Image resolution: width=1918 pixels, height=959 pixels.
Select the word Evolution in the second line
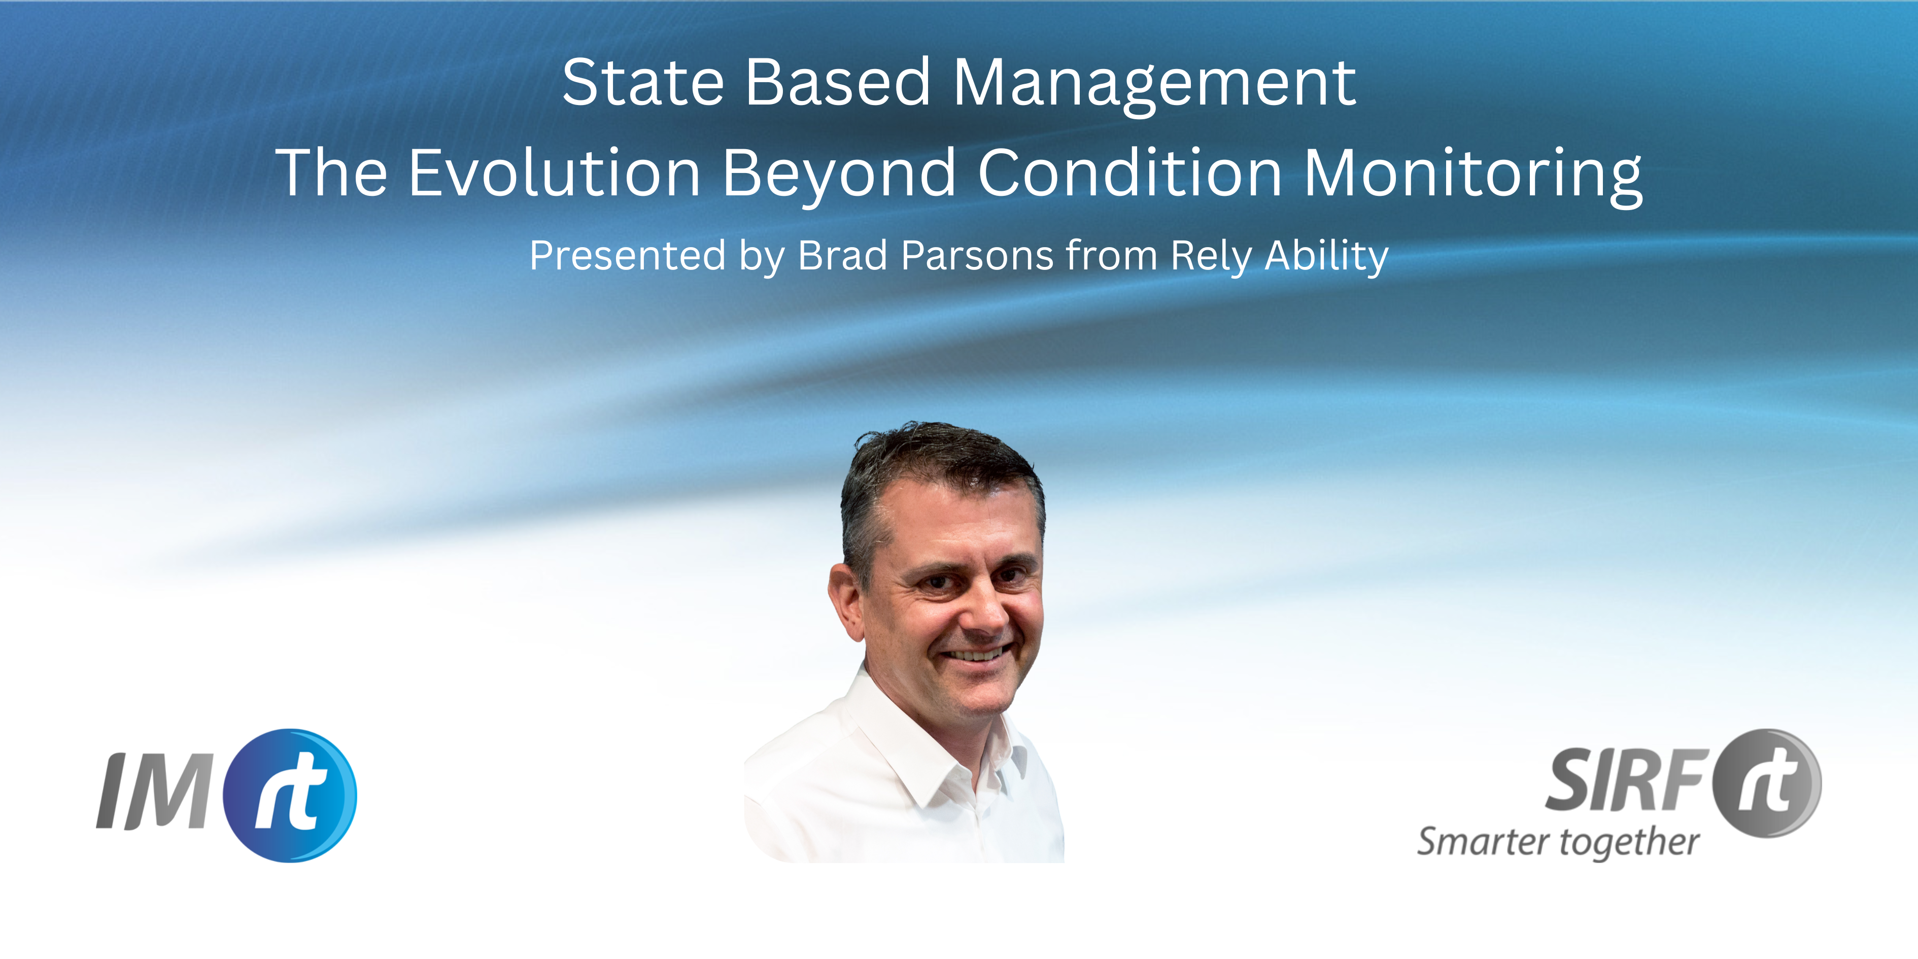[555, 173]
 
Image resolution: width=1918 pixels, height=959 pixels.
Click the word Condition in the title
[1131, 173]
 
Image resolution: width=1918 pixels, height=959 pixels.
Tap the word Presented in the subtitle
[627, 257]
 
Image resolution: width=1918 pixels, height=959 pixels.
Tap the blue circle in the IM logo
[290, 795]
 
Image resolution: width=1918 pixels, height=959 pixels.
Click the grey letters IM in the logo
[155, 791]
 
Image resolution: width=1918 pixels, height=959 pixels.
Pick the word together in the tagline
[1630, 844]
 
